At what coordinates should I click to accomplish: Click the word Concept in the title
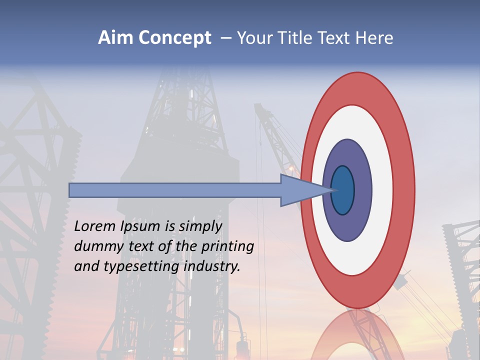(174, 38)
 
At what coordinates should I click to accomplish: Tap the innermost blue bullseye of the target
(343, 190)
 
